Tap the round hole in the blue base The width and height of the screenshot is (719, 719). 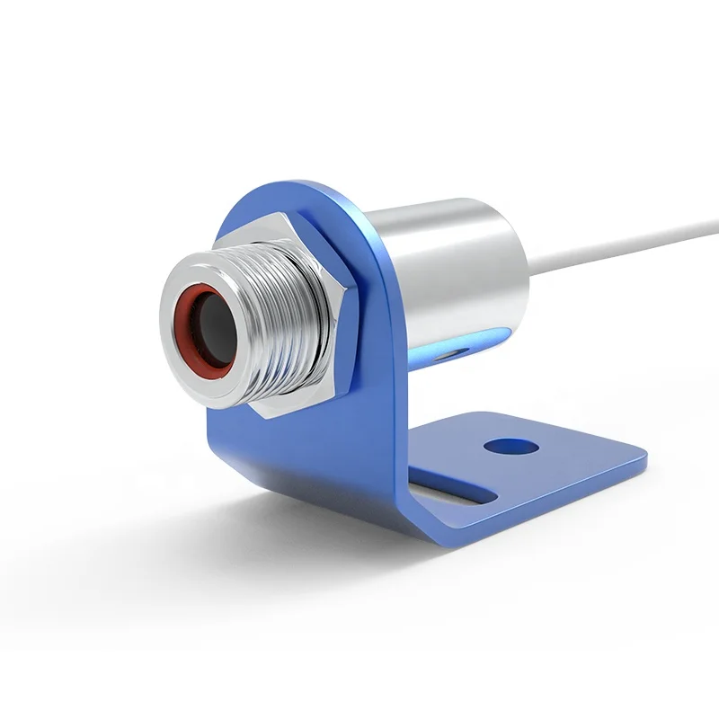509,445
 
